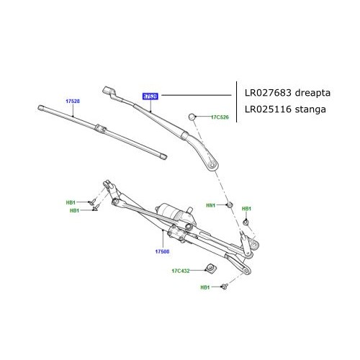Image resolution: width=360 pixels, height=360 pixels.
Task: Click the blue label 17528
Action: coord(73,101)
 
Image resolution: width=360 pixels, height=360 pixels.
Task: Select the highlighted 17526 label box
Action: coord(150,94)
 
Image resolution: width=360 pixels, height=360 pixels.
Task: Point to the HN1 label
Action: coord(211,205)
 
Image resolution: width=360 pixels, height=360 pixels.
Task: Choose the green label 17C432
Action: coord(180,271)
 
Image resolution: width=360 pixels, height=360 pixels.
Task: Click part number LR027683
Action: coord(269,94)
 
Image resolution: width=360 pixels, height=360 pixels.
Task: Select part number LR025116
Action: coord(269,109)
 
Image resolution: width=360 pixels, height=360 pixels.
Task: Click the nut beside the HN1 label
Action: coord(229,205)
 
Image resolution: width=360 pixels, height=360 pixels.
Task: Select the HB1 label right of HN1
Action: coord(246,209)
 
